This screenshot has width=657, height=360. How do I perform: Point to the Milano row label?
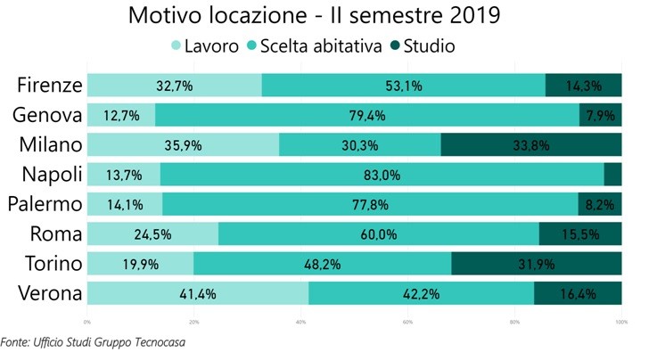(x=51, y=145)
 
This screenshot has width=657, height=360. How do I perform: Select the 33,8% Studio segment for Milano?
(x=531, y=145)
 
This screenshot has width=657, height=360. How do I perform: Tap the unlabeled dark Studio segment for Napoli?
(x=612, y=175)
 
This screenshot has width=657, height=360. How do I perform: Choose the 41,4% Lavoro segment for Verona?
(x=197, y=293)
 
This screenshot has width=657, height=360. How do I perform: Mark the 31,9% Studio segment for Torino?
(x=537, y=264)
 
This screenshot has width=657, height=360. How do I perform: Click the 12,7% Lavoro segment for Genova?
(x=120, y=115)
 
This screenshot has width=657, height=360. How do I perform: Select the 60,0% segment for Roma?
(x=378, y=234)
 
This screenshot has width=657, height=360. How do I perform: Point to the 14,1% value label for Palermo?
(x=124, y=204)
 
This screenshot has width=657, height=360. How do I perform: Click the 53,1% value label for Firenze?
(x=403, y=86)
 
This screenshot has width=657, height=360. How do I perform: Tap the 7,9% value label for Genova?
(x=601, y=115)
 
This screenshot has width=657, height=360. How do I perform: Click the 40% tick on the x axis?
(x=300, y=322)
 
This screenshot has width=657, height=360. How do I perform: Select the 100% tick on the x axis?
(x=621, y=322)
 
